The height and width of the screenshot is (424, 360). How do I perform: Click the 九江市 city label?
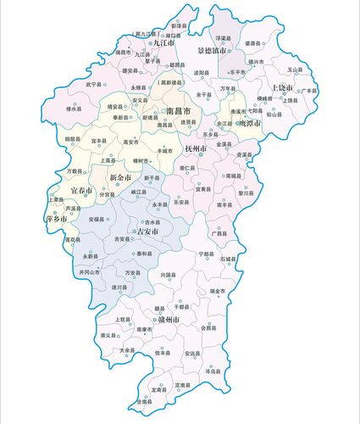coord(163,42)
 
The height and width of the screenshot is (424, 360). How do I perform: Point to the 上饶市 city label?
coord(282,88)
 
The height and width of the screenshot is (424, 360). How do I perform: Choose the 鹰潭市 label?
coord(246,123)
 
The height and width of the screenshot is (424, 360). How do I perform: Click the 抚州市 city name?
coord(195,149)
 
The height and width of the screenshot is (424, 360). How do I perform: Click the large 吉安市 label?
coord(150,231)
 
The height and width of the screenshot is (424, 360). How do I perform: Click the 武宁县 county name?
coord(94,85)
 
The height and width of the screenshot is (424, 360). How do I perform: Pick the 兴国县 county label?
coord(167,276)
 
